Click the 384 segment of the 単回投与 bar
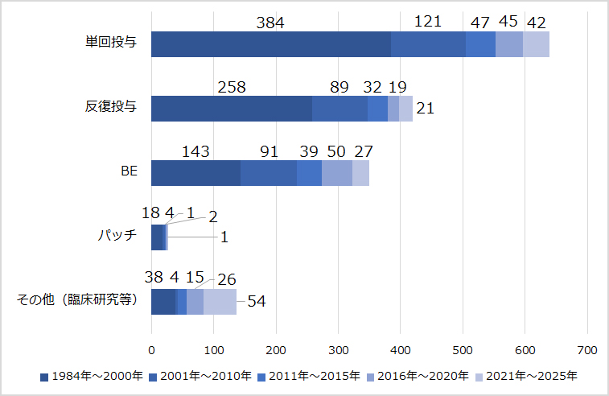270,44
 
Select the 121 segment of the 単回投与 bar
428,44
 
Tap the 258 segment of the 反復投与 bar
232,109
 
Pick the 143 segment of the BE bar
195,173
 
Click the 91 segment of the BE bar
269,173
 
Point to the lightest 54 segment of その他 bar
220,302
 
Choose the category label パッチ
117,237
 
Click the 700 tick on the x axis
587,350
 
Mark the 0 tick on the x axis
151,350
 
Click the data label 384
270,23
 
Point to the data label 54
256,301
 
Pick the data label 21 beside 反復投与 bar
425,109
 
